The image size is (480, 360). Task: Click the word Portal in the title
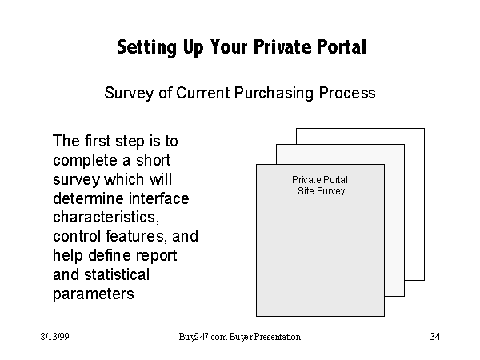pyautogui.click(x=341, y=47)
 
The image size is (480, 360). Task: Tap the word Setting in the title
pyautogui.click(x=147, y=48)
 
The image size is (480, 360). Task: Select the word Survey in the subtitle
pyautogui.click(x=129, y=93)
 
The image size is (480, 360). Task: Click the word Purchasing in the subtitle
pyautogui.click(x=274, y=93)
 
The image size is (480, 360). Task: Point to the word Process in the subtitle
pyautogui.click(x=347, y=93)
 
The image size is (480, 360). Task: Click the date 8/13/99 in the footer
pyautogui.click(x=54, y=337)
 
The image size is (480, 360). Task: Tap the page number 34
pyautogui.click(x=435, y=337)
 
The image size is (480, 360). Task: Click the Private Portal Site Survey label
pyautogui.click(x=321, y=186)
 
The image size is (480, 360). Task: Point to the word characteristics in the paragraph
pyautogui.click(x=106, y=217)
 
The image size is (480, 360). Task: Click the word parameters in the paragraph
pyautogui.click(x=94, y=294)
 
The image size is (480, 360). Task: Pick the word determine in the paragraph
pyautogui.click(x=88, y=198)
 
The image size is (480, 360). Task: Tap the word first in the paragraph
pyautogui.click(x=98, y=141)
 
